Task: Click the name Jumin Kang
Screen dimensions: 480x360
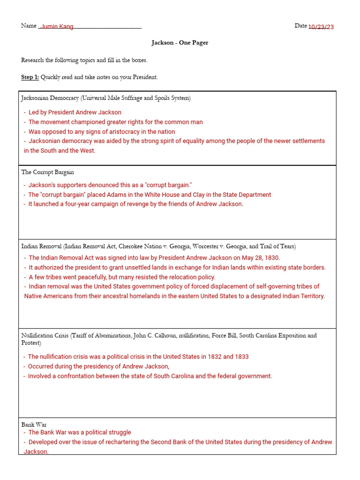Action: [x=57, y=27]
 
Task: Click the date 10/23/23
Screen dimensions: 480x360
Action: [x=321, y=27]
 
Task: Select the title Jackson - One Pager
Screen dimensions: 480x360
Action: [x=180, y=43]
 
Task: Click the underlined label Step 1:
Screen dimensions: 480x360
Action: [x=30, y=77]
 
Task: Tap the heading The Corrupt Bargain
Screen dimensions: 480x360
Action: [x=47, y=172]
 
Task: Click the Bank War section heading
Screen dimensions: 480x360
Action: [x=34, y=425]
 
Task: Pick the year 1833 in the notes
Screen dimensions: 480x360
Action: [x=241, y=357]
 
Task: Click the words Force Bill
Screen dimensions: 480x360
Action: [x=226, y=336]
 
